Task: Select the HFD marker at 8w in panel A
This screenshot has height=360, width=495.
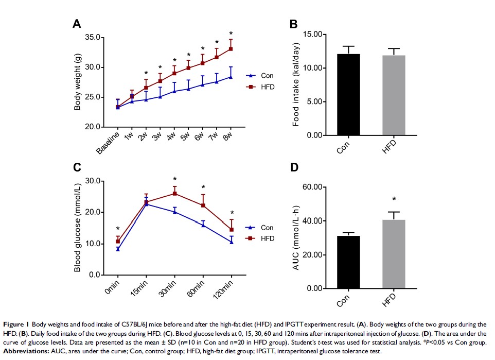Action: [231, 49]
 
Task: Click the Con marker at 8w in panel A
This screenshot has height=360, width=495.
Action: [231, 77]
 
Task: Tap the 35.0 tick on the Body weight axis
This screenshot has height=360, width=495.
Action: [94, 38]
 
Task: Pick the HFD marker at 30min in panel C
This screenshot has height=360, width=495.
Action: [175, 194]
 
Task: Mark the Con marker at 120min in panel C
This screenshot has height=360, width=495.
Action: [231, 241]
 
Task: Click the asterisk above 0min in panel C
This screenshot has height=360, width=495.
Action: [118, 230]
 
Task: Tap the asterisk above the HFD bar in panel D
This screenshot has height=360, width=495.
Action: [394, 200]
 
